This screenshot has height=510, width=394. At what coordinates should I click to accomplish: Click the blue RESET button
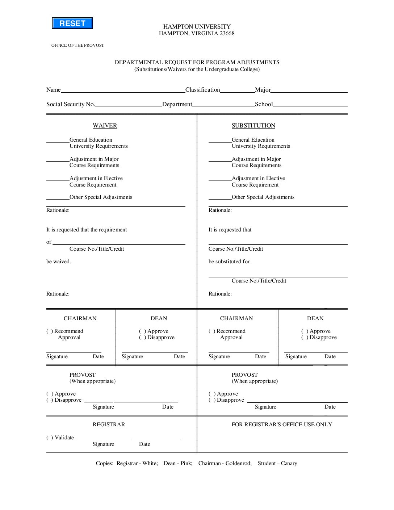72,23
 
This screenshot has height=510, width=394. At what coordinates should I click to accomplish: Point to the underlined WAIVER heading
105,126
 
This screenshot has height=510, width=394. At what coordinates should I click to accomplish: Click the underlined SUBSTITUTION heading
253,126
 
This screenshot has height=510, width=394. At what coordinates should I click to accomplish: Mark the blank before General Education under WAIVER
58,141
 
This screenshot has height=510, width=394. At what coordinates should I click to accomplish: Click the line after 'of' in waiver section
119,244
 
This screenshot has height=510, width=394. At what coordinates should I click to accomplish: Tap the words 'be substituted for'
229,262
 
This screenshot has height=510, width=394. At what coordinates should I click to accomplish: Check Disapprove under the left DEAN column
142,338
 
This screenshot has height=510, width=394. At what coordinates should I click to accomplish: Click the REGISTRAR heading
109,425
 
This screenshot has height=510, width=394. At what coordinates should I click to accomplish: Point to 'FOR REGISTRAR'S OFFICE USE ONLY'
282,425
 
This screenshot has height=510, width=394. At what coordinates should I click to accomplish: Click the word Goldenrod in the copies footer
238,463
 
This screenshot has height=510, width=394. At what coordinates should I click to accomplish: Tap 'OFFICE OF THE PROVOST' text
77,45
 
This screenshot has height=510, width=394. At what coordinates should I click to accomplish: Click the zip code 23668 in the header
227,33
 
